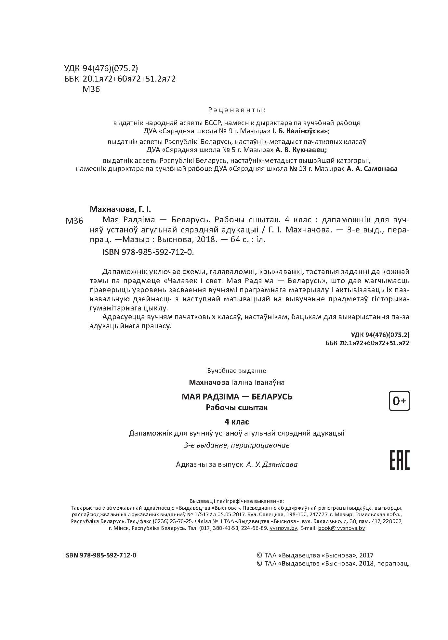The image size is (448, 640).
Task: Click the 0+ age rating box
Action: click(x=399, y=401)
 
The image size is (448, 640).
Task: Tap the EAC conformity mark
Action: click(x=399, y=460)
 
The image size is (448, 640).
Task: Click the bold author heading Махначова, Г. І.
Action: click(x=121, y=209)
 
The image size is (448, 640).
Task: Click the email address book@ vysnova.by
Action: click(x=341, y=528)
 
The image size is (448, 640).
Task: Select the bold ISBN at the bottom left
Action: click(x=101, y=555)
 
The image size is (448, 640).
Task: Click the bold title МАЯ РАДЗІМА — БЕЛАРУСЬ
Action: click(x=237, y=397)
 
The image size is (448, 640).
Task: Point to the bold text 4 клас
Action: click(x=237, y=422)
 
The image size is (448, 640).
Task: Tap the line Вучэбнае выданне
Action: click(x=236, y=371)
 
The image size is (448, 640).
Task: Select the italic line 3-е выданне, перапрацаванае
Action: click(x=237, y=445)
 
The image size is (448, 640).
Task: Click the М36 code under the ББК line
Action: click(x=91, y=89)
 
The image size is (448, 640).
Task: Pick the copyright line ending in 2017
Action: click(x=315, y=555)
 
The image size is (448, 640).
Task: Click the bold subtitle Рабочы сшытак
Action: click(x=237, y=407)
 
